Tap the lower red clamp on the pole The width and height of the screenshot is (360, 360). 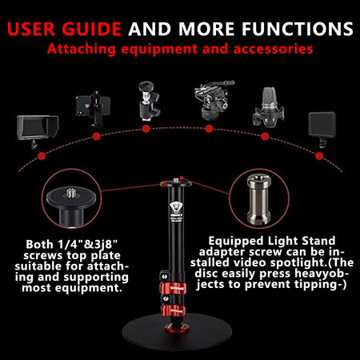tap(180, 307)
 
